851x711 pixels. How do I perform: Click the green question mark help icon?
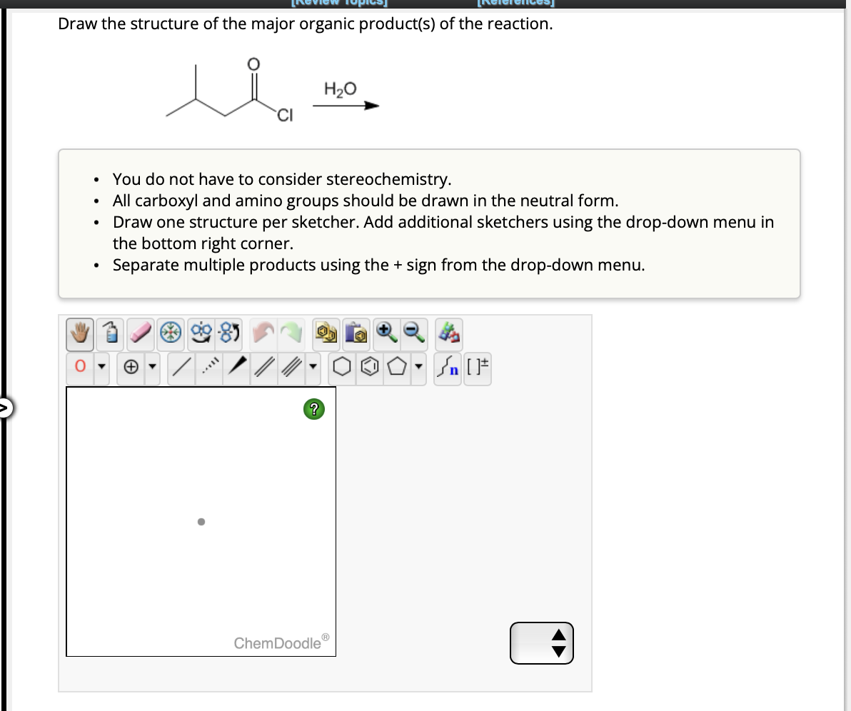click(x=313, y=409)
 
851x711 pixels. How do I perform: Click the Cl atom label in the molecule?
click(x=284, y=116)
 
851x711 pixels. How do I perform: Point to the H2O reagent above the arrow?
click(x=340, y=90)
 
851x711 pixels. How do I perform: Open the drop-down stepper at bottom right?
click(x=542, y=642)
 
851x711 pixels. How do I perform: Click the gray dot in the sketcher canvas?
click(x=201, y=522)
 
